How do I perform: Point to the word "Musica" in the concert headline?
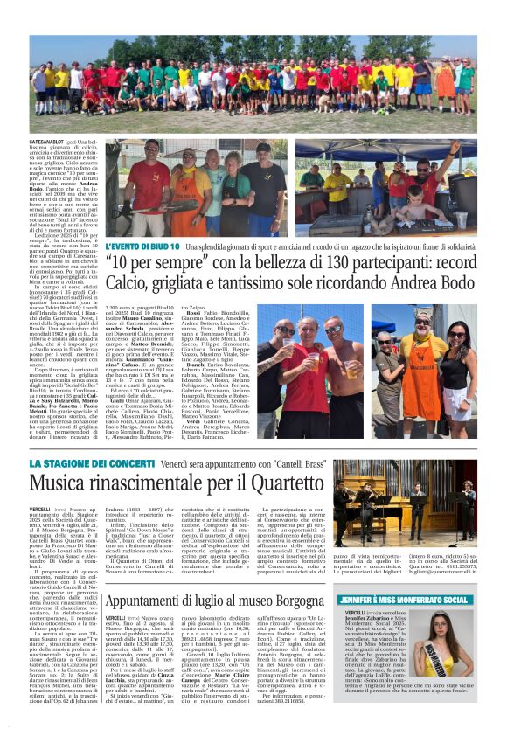[x=64, y=483]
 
